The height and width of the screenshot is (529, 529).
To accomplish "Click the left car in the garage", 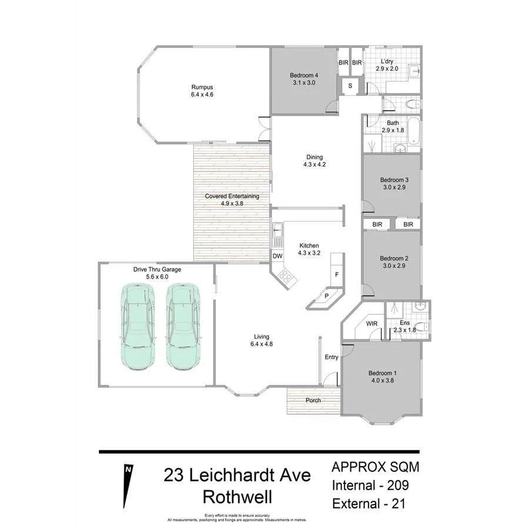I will click(139, 327).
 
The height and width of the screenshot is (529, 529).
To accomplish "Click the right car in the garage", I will click(184, 327).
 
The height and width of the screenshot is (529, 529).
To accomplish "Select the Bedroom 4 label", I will click(304, 75).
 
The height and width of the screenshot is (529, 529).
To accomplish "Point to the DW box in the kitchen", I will click(277, 256).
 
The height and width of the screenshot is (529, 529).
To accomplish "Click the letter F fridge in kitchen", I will click(337, 275).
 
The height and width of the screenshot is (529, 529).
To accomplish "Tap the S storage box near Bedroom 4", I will click(350, 86).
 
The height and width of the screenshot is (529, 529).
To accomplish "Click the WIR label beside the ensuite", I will click(371, 323).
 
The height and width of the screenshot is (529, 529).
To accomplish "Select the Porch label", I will click(313, 401).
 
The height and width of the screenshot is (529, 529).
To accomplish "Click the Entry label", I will click(332, 357).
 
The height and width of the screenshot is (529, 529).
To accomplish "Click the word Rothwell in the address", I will click(237, 497).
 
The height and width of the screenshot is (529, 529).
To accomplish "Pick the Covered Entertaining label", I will click(232, 196).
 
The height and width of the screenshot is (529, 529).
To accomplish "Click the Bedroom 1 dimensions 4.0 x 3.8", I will click(383, 380).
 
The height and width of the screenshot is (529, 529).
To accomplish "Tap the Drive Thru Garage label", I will click(157, 269).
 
